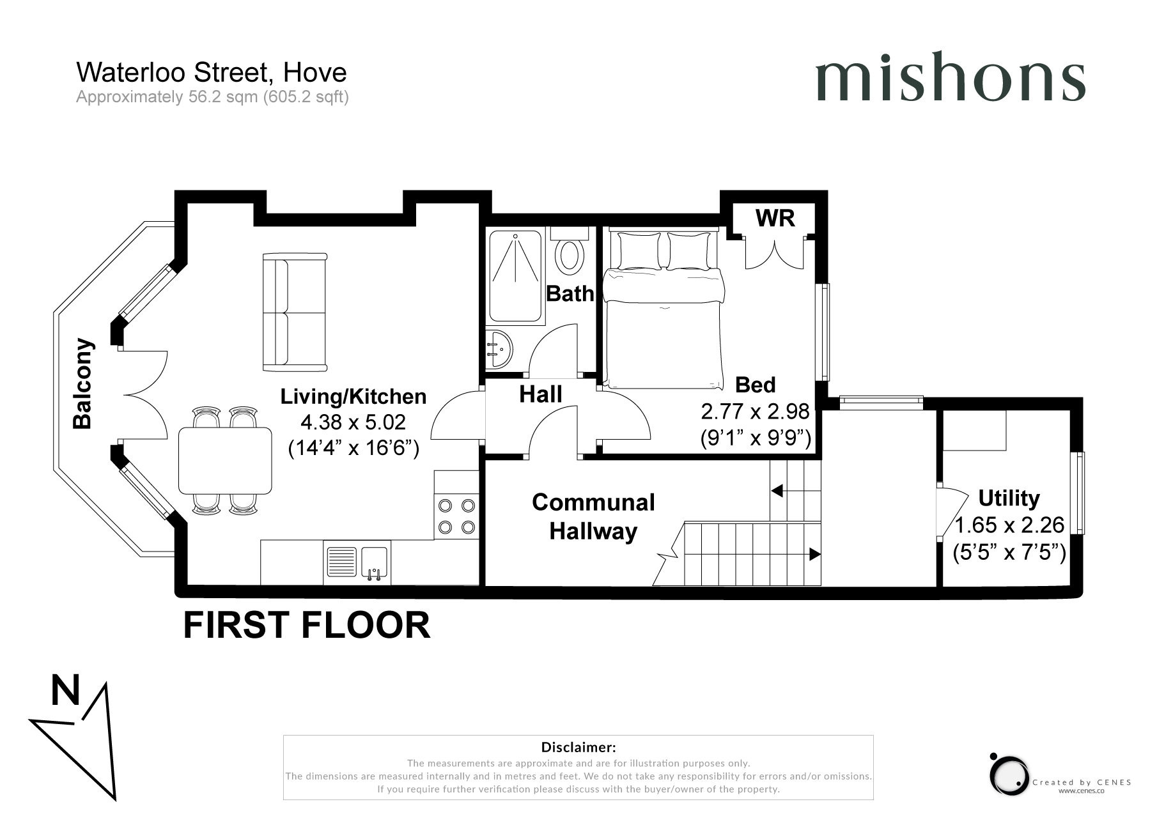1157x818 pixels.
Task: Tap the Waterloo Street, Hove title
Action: [x=212, y=72]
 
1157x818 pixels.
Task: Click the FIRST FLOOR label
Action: [x=307, y=625]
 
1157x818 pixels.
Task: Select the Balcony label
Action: [x=83, y=383]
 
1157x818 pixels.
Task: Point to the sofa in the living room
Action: [x=295, y=313]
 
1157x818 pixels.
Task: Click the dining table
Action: [x=226, y=460]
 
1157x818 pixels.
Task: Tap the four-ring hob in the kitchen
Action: [x=456, y=516]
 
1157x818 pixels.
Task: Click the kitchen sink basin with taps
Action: [x=375, y=563]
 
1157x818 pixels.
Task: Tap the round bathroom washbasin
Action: [x=499, y=349]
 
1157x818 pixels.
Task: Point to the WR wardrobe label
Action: [x=775, y=219]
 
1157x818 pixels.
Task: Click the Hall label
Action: [x=541, y=394]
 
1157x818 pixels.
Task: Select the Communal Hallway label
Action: [x=594, y=517]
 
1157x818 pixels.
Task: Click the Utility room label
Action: [x=1009, y=498]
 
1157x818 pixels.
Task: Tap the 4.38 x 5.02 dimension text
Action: [x=353, y=422]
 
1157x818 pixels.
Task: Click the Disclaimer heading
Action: [x=578, y=747]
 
